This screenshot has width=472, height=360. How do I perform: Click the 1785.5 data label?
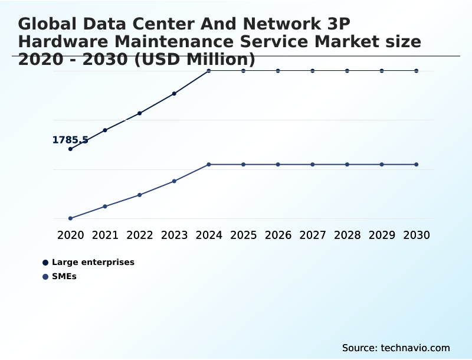(x=70, y=140)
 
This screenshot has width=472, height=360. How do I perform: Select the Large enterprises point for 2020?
(x=70, y=149)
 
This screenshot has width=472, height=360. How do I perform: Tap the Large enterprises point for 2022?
(x=140, y=113)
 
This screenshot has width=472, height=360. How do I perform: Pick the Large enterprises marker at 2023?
(x=174, y=93)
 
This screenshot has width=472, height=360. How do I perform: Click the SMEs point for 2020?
(x=70, y=218)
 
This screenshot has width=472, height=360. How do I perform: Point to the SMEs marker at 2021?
(x=105, y=206)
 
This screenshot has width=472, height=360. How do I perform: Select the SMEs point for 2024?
(x=209, y=164)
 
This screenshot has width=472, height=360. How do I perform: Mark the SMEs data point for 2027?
(x=313, y=164)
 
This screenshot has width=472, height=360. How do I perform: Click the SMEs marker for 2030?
(x=417, y=164)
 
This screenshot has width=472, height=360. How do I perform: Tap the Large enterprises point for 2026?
(x=278, y=71)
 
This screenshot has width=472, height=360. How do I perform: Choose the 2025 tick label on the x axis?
(x=243, y=235)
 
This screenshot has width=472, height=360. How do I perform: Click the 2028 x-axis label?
(x=347, y=235)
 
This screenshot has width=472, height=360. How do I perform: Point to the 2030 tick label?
(x=417, y=235)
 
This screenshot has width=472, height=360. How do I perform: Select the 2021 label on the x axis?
(x=105, y=235)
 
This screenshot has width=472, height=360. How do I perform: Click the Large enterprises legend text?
(x=93, y=262)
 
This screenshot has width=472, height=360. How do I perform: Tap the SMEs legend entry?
(x=64, y=276)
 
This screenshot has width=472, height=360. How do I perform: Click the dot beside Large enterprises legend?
(x=45, y=263)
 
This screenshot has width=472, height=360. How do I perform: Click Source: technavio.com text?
(x=396, y=348)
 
